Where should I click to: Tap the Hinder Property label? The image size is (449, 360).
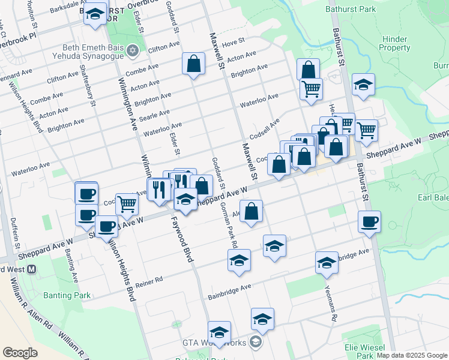[x=395, y=43]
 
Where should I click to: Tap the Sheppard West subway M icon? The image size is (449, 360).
[x=31, y=270]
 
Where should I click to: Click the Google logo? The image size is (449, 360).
[x=20, y=353]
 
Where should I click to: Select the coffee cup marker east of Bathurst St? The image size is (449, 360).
[x=369, y=221]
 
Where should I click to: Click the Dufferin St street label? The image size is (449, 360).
[x=15, y=235]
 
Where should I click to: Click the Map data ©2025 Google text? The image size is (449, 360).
[x=412, y=355]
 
